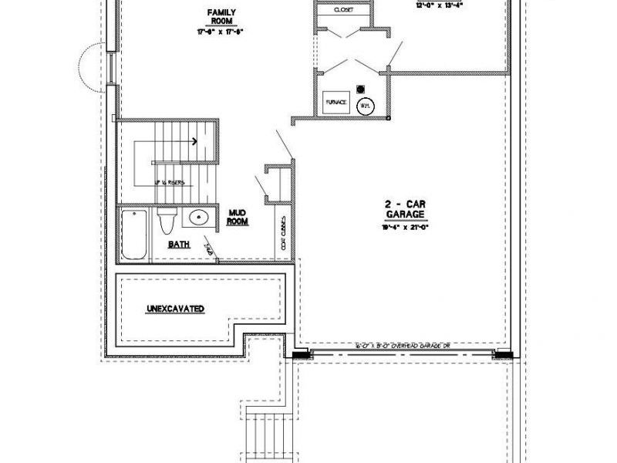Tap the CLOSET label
tap(342, 11)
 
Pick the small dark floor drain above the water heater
tap(360, 87)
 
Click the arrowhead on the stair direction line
tap(194, 141)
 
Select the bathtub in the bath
tap(133, 235)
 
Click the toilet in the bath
tap(166, 222)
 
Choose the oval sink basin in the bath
tap(198, 218)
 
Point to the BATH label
tap(179, 245)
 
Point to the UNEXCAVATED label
tap(175, 309)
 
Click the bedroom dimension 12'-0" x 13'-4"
tap(417, 4)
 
